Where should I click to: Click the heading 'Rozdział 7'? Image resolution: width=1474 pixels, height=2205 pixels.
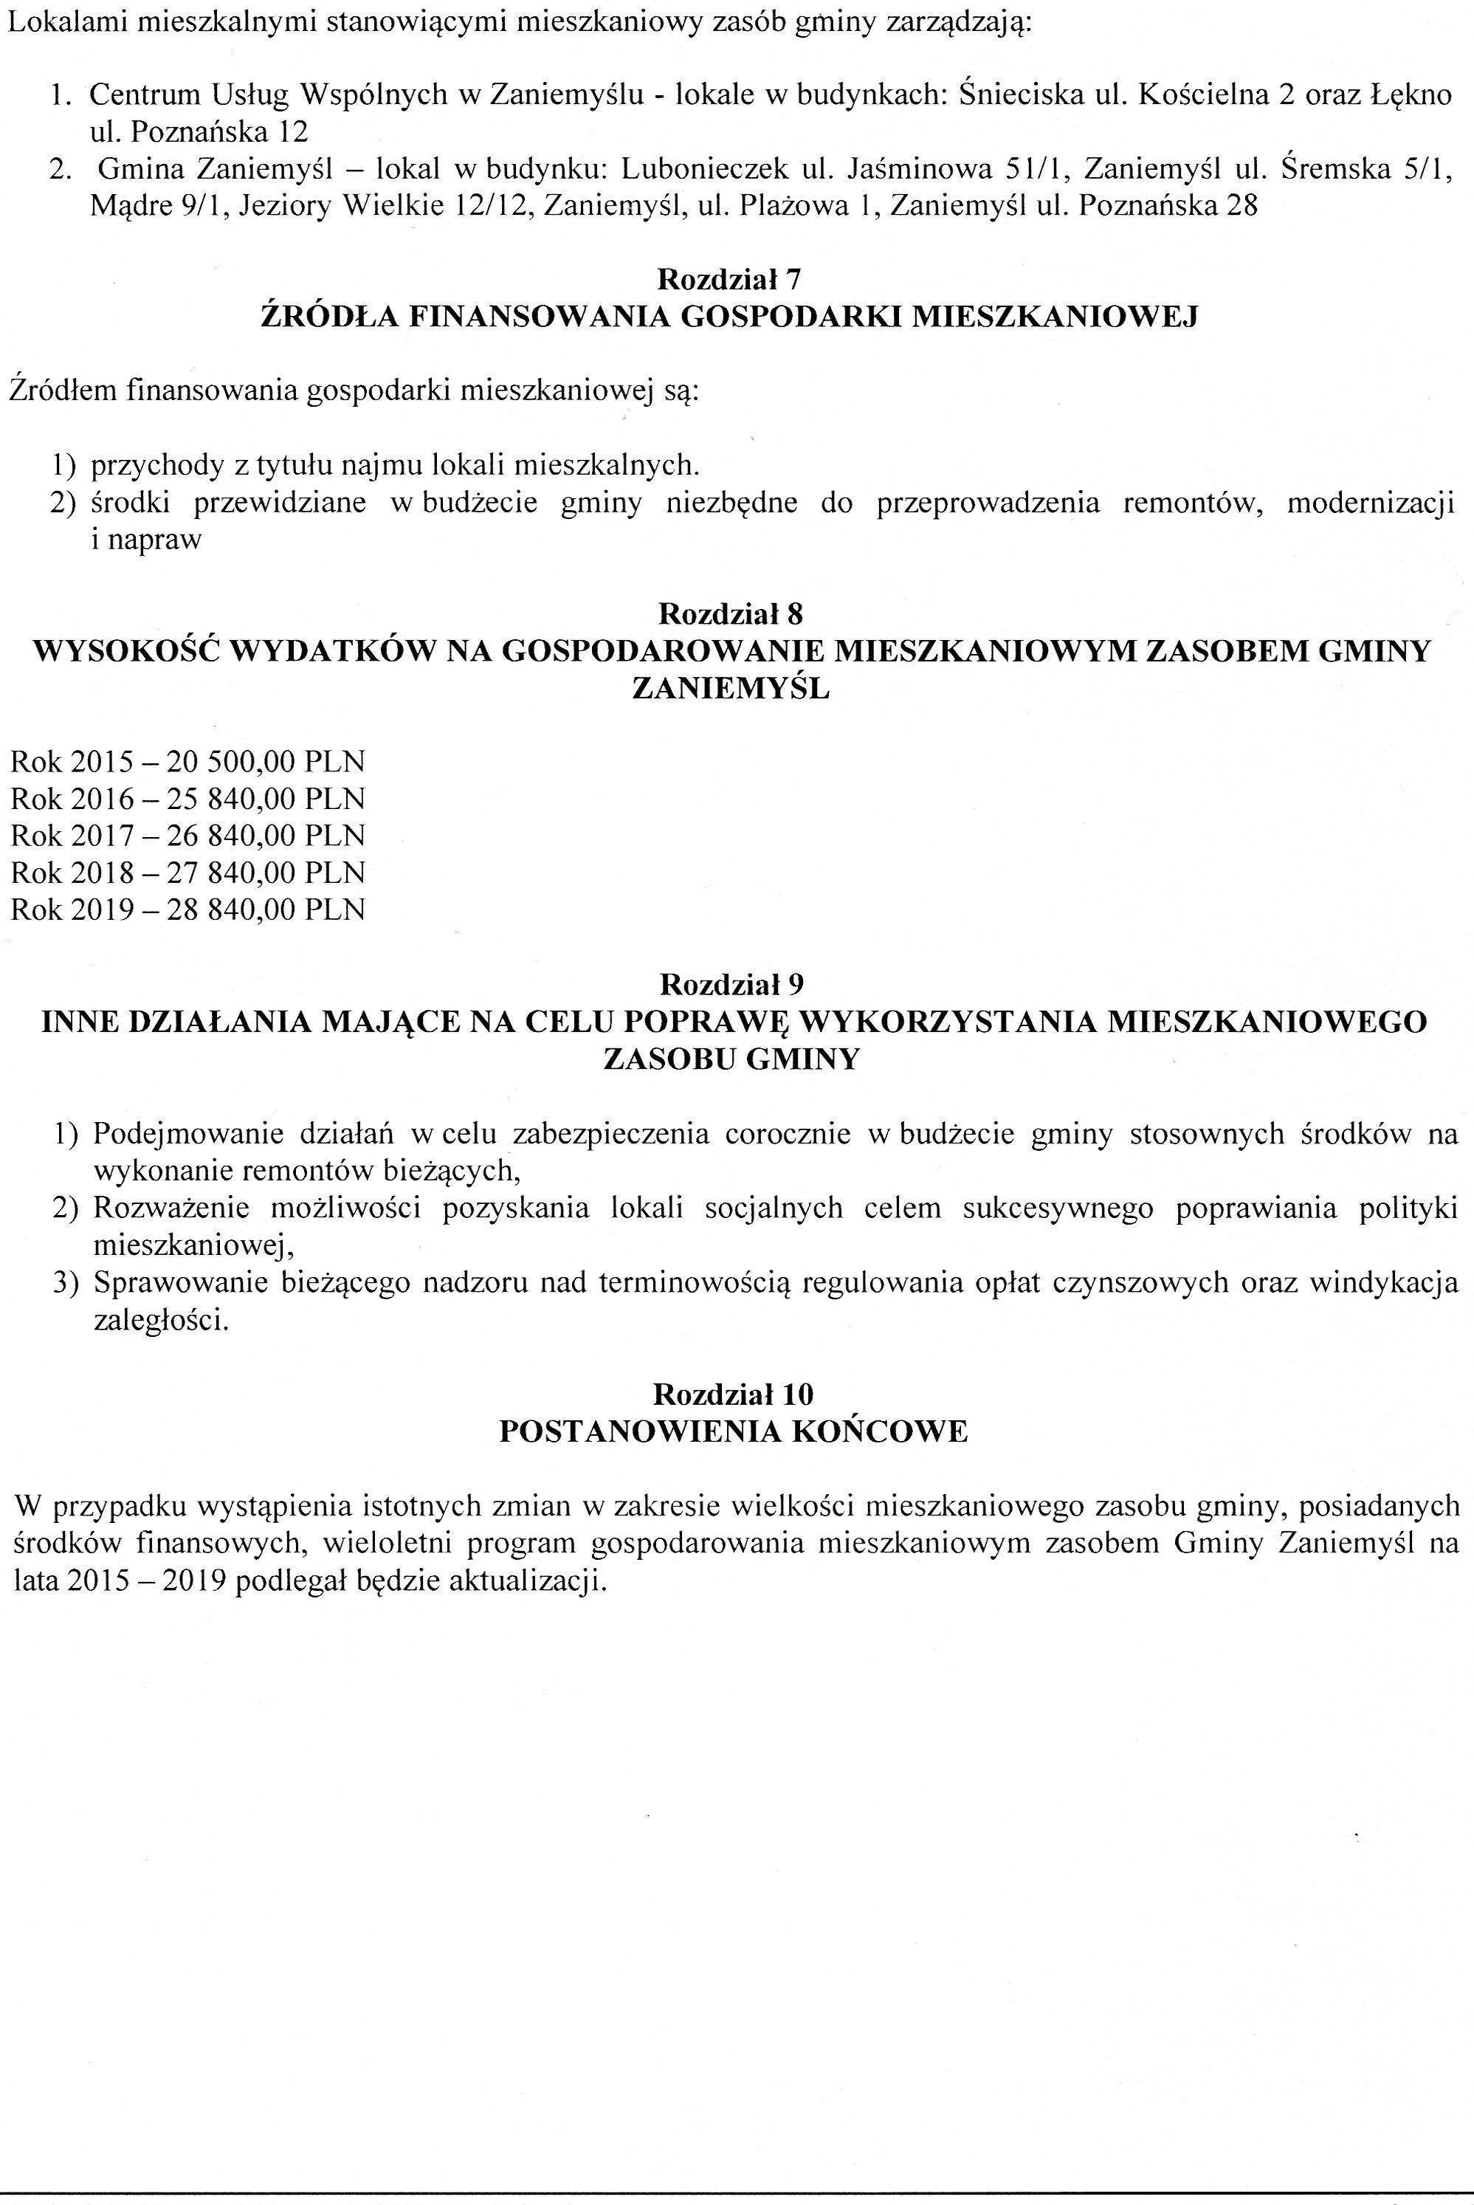point(729,279)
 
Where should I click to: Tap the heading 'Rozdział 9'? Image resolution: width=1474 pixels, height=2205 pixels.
point(731,984)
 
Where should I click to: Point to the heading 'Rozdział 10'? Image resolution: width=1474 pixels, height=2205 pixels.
point(732,1393)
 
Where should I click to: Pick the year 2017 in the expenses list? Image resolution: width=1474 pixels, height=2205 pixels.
point(102,836)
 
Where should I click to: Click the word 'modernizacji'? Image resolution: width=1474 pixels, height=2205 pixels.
point(1370,503)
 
